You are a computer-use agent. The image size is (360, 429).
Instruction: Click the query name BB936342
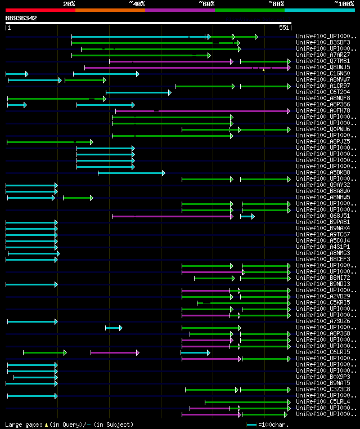tap(21, 18)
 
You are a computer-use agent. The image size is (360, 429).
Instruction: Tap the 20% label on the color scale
tap(69, 4)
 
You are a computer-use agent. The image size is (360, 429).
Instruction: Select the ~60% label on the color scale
tap(206, 4)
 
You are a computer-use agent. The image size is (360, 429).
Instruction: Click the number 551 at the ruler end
tap(284, 28)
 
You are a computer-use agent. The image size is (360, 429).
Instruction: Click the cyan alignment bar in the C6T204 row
tap(138, 92)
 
